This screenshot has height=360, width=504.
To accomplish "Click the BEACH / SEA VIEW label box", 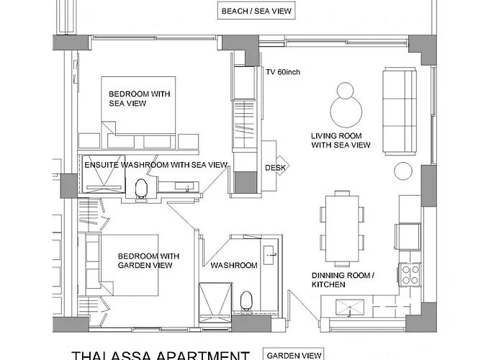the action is pos(256,11).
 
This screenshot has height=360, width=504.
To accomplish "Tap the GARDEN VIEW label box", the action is pos(294,355).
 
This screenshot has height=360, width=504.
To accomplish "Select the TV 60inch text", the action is pos(283,72).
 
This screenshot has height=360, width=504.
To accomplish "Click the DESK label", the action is pos(275,168).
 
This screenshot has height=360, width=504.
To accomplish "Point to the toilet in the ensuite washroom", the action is pos(141,189).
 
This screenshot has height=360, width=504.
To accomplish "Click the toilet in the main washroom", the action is pos(246,301).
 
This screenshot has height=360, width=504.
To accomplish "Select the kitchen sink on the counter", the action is pos(350,307).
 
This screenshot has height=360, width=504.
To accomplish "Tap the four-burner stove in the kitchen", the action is pos(410,274).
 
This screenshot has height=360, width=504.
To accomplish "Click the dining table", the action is pos(342,228).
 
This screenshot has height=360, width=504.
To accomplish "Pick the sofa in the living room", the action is pos(399,111).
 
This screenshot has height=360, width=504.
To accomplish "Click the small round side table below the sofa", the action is pos(403,171).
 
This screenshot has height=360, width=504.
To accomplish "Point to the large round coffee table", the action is pos(346,112).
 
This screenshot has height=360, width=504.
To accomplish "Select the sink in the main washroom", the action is pos(269,255).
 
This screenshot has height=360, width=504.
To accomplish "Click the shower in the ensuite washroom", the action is pos(103,174).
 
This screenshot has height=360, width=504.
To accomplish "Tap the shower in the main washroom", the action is pos(215,302).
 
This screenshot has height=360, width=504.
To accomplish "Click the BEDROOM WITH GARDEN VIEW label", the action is pos(148,261).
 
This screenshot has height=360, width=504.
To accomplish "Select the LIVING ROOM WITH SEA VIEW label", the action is pos(341,140).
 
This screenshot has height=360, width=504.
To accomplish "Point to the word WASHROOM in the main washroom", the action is pos(234,265).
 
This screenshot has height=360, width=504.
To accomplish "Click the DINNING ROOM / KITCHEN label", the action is pos(343,280).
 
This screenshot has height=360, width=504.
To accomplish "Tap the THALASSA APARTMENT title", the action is pos(161,356).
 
